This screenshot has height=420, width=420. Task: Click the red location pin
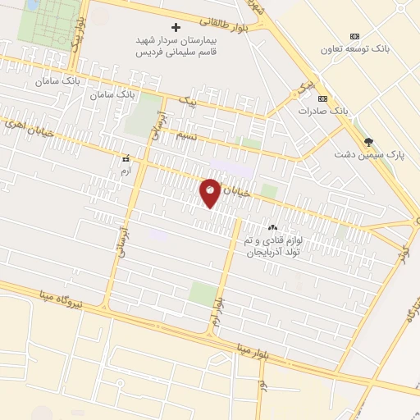211,193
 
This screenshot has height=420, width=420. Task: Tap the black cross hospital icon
175,27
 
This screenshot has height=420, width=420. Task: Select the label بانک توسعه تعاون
355,48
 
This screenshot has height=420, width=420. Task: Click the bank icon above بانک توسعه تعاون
354,36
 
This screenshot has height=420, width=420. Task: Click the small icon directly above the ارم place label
126,158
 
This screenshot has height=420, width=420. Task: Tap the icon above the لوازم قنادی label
273,228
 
